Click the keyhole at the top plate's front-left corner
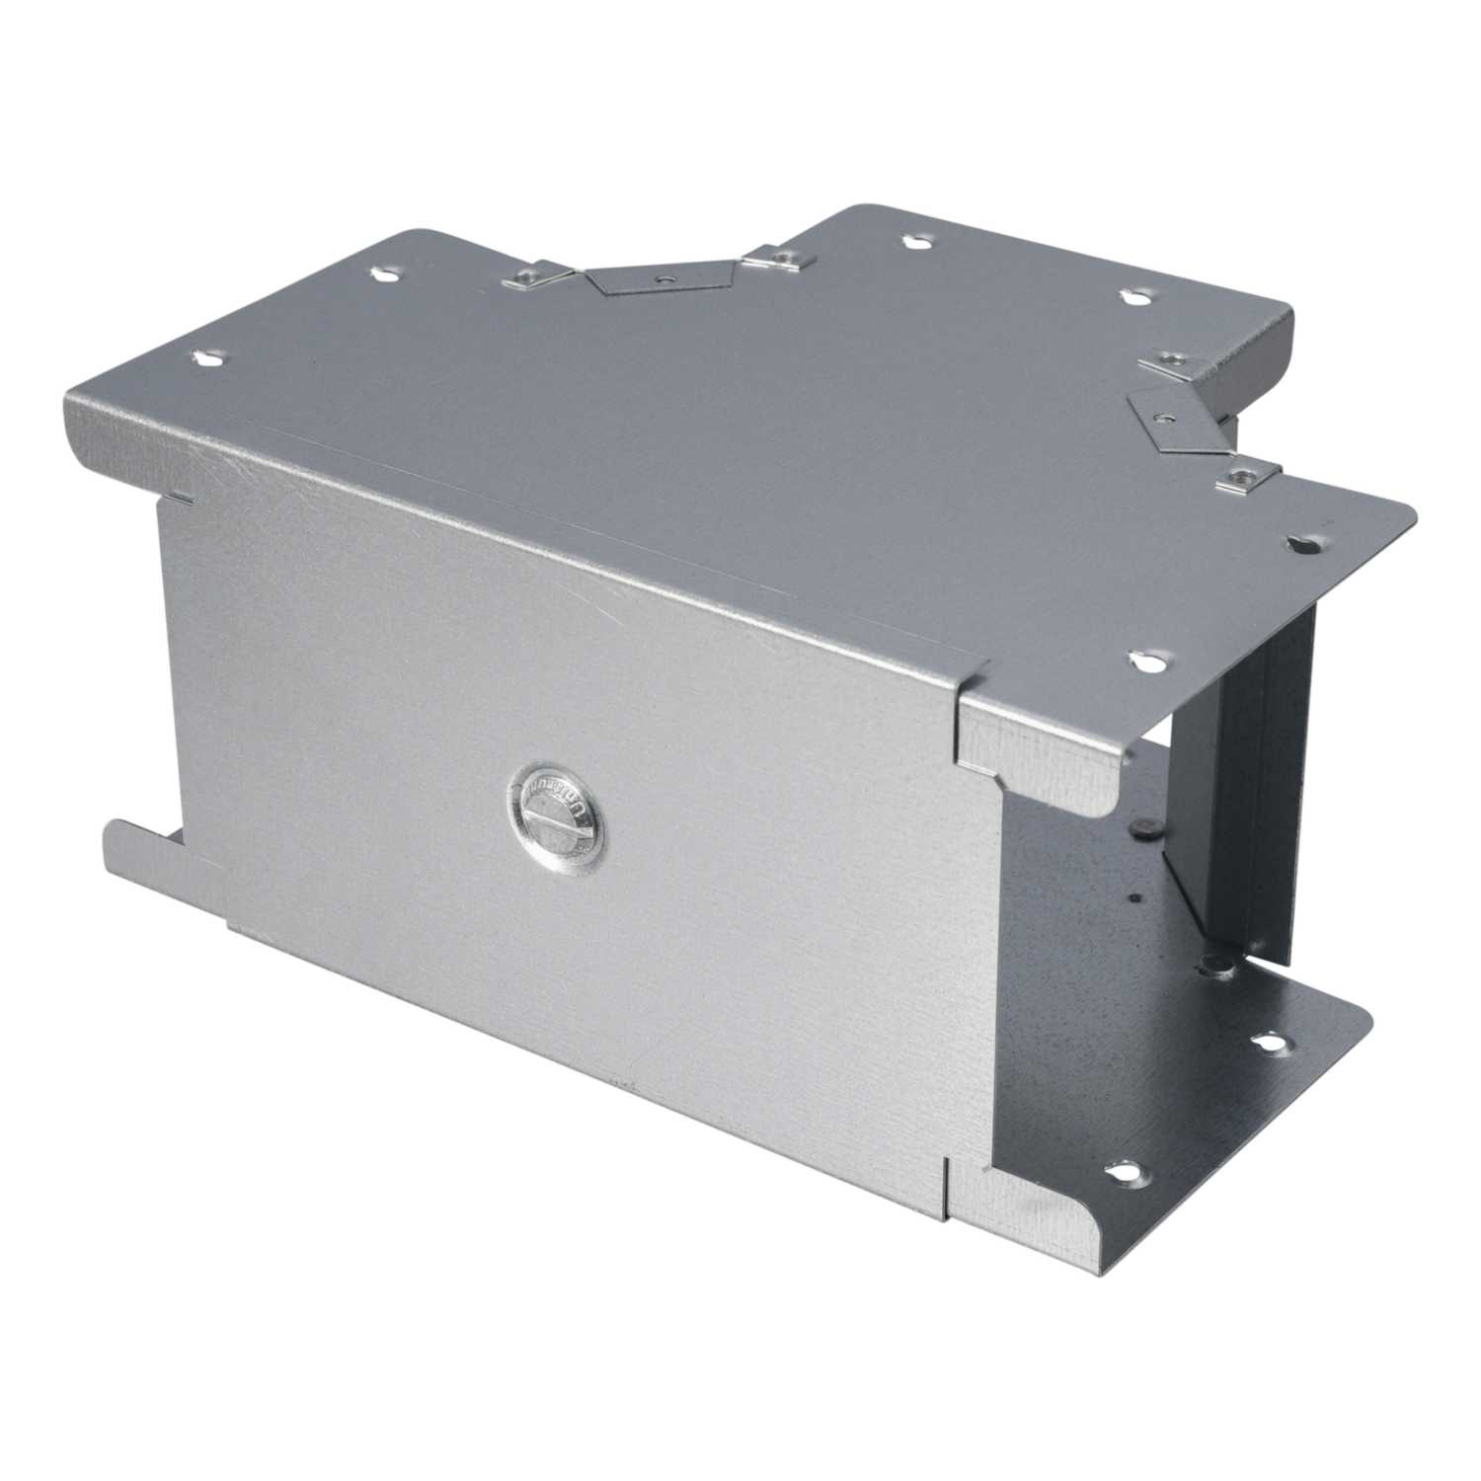coord(208,360)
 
